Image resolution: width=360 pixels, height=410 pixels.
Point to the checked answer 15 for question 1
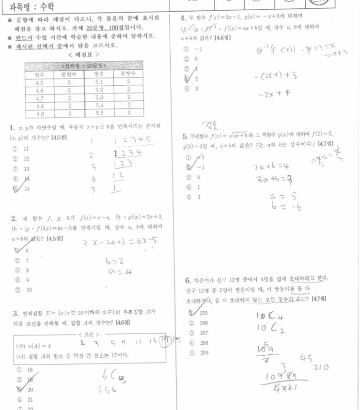click(25, 189)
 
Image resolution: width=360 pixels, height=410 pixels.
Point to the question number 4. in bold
click(183, 18)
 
